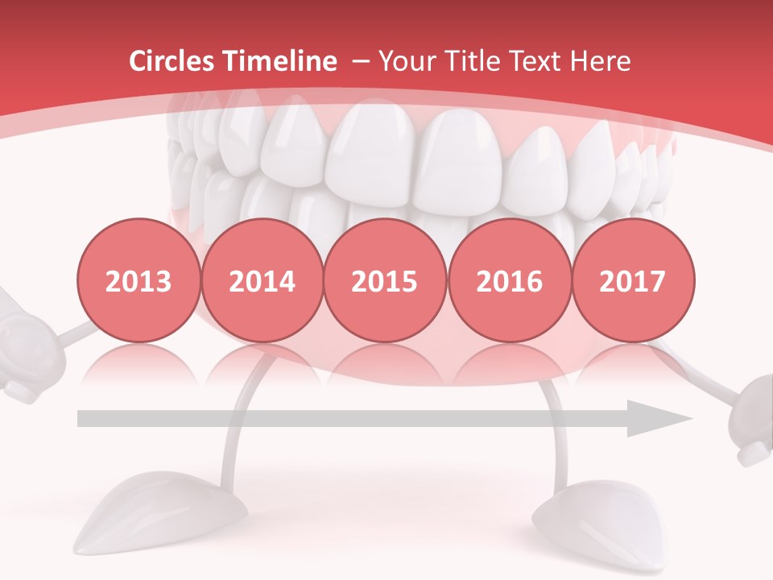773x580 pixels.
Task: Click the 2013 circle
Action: pos(138,281)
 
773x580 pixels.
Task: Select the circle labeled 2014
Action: pos(262,281)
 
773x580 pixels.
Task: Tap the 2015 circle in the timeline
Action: pos(385,281)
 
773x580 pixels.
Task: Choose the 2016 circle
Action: pos(510,281)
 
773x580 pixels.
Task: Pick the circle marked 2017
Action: pos(633,281)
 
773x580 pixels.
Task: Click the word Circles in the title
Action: pos(172,61)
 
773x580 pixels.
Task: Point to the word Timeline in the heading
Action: pos(279,61)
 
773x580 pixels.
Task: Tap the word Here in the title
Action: pos(600,61)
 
